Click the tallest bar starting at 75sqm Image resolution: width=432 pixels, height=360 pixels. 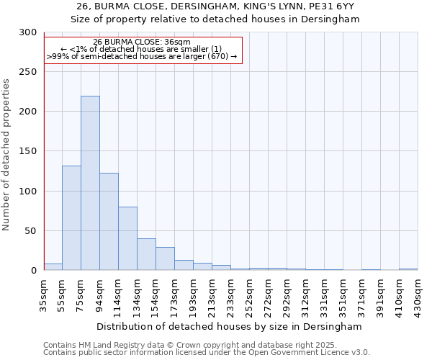coord(90,184)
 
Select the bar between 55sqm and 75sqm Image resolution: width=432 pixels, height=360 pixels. coord(71,218)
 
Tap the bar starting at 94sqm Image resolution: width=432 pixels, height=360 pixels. coord(109,222)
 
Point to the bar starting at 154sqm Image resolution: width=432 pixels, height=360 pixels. coord(165,258)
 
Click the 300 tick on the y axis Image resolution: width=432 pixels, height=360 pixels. coord(28,32)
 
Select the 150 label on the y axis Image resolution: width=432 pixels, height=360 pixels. coord(28,151)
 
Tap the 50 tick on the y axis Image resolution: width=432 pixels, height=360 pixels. coord(31,231)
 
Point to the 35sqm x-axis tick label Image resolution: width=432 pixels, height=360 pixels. coord(44,294)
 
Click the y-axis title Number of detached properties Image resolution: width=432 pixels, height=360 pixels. coord(7,155)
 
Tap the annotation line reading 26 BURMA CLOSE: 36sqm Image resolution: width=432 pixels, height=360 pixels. coord(141,42)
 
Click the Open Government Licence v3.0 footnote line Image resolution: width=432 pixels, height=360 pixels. coord(207,353)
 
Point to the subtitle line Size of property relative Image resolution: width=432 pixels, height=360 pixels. coord(215,19)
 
